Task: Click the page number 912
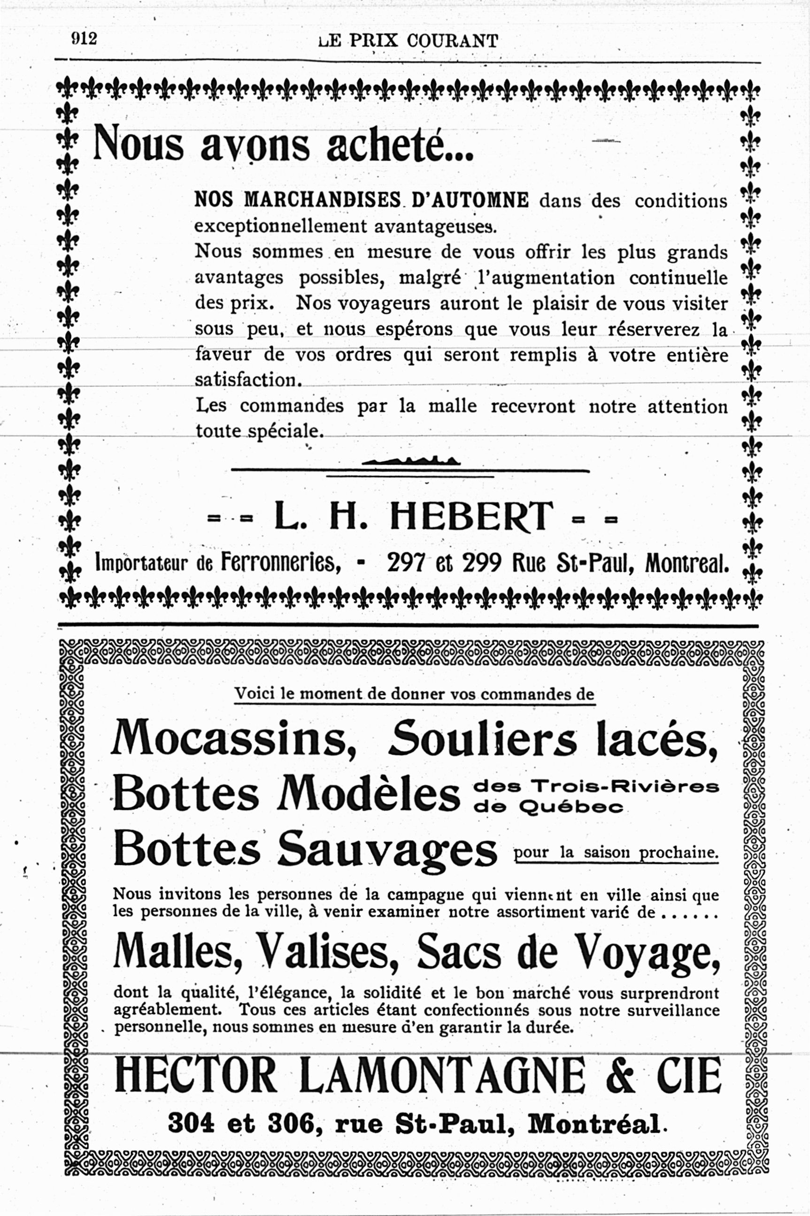(84, 39)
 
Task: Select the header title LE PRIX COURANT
(408, 41)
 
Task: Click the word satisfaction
(247, 380)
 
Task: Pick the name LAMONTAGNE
(442, 1075)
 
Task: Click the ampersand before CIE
(620, 1075)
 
